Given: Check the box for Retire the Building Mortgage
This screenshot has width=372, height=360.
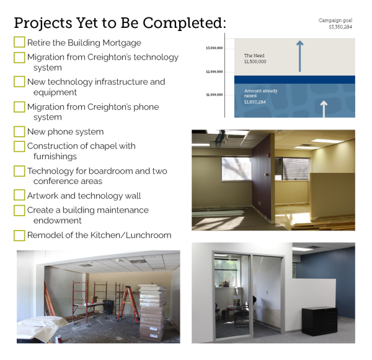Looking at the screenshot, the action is [19, 42].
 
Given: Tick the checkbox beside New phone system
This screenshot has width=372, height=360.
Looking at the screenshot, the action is [19, 131].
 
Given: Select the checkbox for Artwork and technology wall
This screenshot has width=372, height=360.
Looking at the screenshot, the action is [19, 195].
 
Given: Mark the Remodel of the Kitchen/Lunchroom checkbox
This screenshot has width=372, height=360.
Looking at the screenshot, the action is [19, 235].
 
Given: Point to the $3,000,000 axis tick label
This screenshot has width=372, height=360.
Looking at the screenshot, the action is [215, 48].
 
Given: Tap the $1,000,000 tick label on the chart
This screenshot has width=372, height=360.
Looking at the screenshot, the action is [215, 95].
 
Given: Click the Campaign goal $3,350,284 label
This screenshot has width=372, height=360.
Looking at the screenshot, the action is [335, 24].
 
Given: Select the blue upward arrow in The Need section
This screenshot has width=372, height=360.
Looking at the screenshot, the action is [300, 56].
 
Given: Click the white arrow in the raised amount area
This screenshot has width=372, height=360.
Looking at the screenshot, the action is [324, 109].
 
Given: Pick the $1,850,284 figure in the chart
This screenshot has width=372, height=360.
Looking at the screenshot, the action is [255, 102].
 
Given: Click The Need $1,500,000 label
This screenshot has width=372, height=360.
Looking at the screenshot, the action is [255, 59].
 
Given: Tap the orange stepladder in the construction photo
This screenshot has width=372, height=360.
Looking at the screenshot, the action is [128, 304].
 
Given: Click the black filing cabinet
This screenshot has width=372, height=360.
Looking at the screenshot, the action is [319, 321].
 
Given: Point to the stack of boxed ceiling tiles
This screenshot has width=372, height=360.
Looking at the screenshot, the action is [152, 313].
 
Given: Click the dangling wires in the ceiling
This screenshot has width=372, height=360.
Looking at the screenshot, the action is [219, 139].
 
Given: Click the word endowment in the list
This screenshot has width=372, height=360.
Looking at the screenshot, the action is [58, 221].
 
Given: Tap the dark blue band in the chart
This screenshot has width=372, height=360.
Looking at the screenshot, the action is [294, 80].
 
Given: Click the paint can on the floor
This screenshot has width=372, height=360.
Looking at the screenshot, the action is [58, 340].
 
